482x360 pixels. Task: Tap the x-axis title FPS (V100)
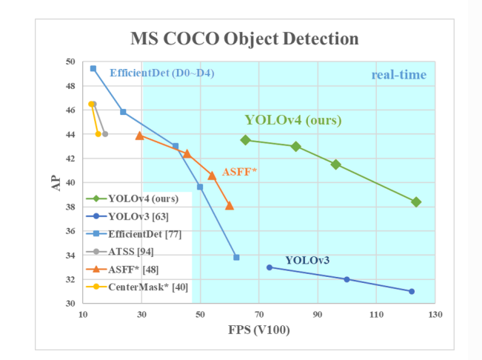pyautogui.click(x=258, y=329)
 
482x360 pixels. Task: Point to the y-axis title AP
pyautogui.click(x=56, y=182)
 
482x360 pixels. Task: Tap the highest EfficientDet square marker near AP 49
pyautogui.click(x=93, y=68)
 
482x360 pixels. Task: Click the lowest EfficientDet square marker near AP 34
pyautogui.click(x=236, y=257)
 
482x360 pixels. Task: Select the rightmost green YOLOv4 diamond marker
pyautogui.click(x=416, y=202)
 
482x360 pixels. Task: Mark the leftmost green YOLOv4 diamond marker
pyautogui.click(x=246, y=140)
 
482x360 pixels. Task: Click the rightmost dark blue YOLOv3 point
pyautogui.click(x=412, y=291)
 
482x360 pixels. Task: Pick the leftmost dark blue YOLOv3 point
pyautogui.click(x=270, y=267)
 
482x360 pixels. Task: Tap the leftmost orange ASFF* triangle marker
pyautogui.click(x=139, y=136)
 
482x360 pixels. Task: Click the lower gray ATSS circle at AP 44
pyautogui.click(x=105, y=134)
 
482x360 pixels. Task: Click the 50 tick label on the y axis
pyautogui.click(x=71, y=61)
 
